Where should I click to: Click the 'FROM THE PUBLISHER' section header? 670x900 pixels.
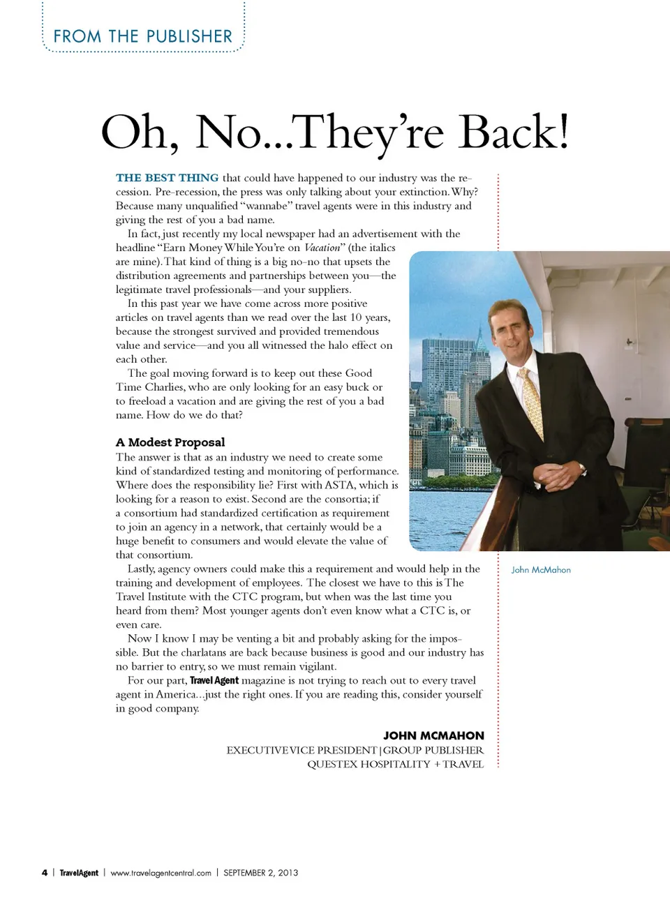(x=142, y=36)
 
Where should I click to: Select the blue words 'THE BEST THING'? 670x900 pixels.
(x=167, y=178)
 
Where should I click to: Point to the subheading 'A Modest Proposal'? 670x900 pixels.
(x=170, y=442)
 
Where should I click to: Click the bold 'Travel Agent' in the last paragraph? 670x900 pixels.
(x=214, y=680)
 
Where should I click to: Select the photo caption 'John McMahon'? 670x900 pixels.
(x=541, y=570)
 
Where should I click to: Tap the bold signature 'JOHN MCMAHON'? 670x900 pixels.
(x=433, y=735)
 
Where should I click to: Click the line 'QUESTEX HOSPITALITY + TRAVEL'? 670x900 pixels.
(x=395, y=764)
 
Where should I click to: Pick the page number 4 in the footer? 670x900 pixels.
(x=45, y=873)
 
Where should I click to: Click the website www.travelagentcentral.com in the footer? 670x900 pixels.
(x=161, y=873)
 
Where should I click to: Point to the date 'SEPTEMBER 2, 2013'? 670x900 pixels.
(x=260, y=873)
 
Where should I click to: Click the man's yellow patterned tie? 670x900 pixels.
(x=533, y=401)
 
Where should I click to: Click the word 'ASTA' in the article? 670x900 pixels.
(x=340, y=485)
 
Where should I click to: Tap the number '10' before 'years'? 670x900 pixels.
(x=355, y=317)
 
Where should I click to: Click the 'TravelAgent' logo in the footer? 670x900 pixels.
(x=79, y=873)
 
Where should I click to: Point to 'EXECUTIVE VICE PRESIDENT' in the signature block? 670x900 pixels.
(x=301, y=750)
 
